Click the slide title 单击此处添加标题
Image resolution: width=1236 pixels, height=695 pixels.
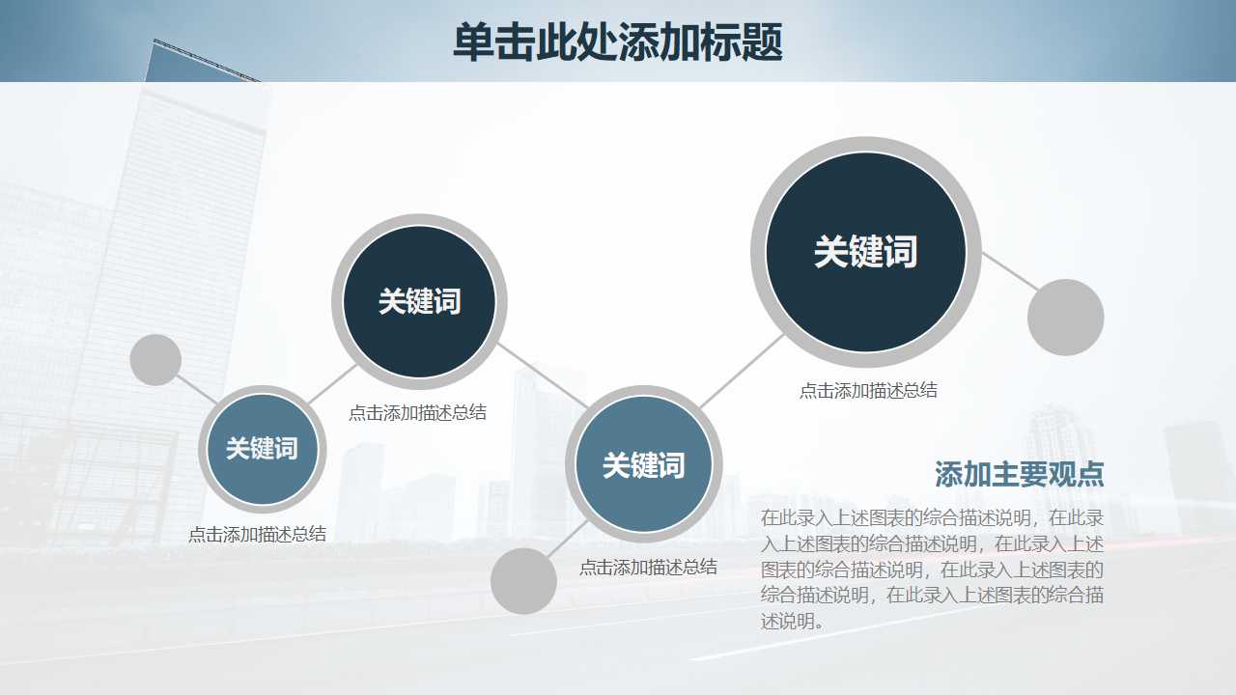tap(617, 42)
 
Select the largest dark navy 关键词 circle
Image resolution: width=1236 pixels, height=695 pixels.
tap(865, 252)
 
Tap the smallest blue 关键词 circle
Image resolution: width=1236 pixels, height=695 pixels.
tap(262, 449)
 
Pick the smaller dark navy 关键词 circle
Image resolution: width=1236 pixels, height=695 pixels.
tap(419, 301)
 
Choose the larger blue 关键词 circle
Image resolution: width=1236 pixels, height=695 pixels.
tap(643, 465)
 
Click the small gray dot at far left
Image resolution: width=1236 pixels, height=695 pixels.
tap(155, 360)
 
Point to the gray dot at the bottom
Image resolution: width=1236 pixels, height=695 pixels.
tap(523, 581)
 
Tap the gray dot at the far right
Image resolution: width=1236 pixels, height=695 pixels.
tap(1065, 318)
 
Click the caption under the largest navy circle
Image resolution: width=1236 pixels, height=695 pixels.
tap(868, 391)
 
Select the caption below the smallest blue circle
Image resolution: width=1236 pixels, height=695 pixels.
tap(257, 535)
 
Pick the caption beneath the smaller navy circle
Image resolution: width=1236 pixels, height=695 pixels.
tap(417, 413)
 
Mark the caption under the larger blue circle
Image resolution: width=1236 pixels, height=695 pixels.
tap(648, 568)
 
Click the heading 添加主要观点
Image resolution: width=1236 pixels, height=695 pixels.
tap(1019, 475)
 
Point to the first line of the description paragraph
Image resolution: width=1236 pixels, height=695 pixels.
tap(932, 517)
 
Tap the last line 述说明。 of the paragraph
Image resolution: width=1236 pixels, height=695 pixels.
tap(793, 622)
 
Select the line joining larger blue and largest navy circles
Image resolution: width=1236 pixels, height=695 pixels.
tap(742, 370)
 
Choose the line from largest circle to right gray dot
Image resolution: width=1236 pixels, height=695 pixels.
tap(1010, 271)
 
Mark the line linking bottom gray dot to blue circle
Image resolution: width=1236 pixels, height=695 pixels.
tap(568, 541)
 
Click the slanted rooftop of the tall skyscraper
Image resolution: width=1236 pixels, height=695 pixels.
tap(205, 60)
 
